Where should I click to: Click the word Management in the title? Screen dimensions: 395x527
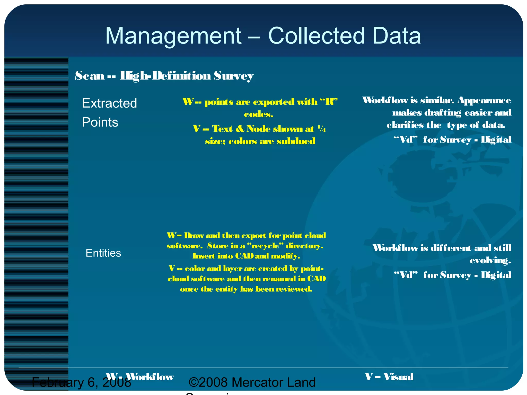pos(173,36)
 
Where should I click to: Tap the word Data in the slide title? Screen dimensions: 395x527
pos(396,36)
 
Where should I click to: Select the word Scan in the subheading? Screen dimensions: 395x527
pos(90,76)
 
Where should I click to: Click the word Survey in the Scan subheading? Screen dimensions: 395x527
pos(233,76)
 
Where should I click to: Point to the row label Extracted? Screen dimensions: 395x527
pos(109,103)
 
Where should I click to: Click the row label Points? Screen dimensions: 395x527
pos(100,122)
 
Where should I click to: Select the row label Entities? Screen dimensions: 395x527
pos(103,253)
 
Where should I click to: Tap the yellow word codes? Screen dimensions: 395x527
pos(258,114)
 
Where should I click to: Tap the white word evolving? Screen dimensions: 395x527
pos(490,261)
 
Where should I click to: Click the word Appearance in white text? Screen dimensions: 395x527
pos(484,100)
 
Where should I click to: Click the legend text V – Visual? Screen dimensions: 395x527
pos(389,377)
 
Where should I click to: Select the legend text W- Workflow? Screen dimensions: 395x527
pos(140,377)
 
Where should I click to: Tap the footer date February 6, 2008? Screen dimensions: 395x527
pos(81,382)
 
